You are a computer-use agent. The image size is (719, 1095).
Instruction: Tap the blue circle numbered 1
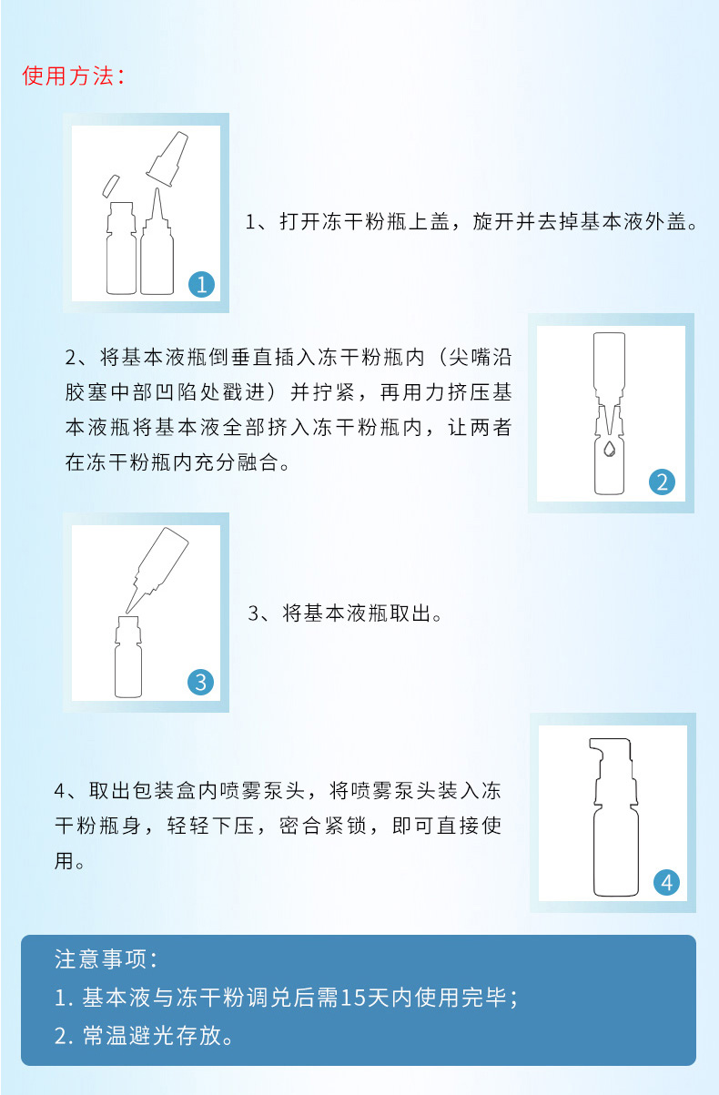[201, 285]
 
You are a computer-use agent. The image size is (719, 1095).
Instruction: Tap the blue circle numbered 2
[662, 482]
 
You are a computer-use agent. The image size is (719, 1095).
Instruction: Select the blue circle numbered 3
[201, 683]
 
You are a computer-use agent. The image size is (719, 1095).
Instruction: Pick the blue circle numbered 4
[667, 883]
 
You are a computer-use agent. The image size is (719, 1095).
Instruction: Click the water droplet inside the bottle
[609, 449]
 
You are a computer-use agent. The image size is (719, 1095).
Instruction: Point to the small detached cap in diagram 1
[110, 186]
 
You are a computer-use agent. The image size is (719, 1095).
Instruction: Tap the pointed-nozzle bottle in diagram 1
[157, 241]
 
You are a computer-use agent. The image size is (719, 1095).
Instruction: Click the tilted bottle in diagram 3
[157, 570]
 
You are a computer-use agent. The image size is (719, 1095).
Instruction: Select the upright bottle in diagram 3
[128, 656]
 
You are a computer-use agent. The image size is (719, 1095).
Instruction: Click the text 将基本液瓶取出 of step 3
[357, 613]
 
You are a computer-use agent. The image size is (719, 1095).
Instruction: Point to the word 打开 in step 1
[300, 222]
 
